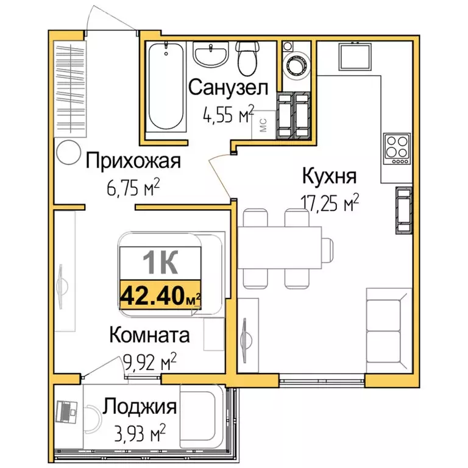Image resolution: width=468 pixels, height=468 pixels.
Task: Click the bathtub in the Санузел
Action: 166,86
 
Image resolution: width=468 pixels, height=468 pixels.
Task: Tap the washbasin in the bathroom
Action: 210,54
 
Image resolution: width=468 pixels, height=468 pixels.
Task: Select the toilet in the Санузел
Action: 247,58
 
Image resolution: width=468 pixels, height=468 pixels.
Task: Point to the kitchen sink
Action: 356,57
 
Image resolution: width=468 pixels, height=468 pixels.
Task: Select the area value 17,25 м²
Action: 329,203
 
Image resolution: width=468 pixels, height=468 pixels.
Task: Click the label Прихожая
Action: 133,161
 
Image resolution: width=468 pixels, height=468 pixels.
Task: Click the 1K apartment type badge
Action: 160,263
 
